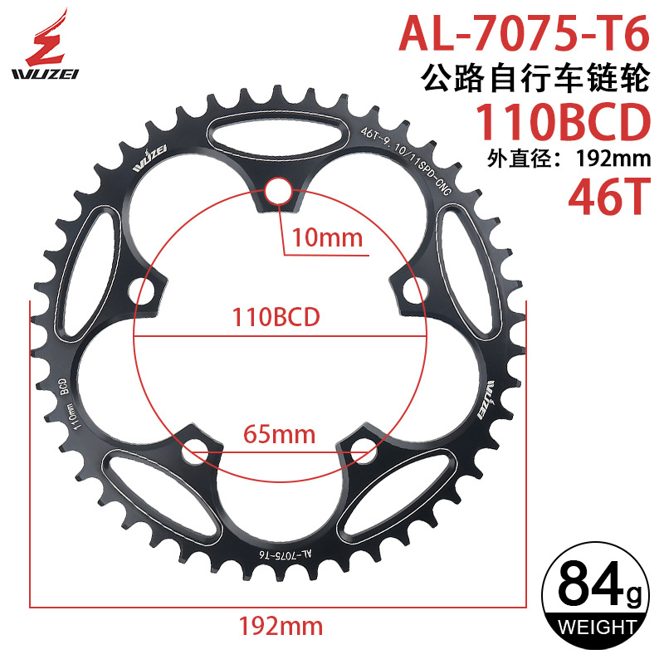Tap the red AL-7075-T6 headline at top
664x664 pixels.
pyautogui.click(x=523, y=36)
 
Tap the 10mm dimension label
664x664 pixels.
pyautogui.click(x=323, y=239)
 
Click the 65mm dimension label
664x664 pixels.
pyautogui.click(x=278, y=433)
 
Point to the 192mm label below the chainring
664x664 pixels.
pyautogui.click(x=279, y=624)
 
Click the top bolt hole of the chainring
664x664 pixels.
pyautogui.click(x=279, y=193)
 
